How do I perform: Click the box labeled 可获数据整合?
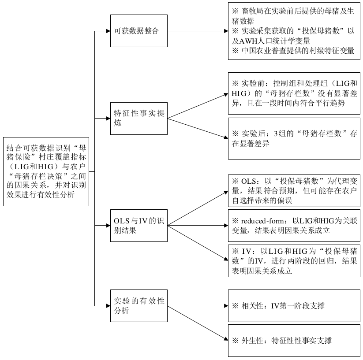139,31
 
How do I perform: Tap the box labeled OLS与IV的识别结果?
139,226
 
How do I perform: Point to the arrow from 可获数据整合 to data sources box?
198,31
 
